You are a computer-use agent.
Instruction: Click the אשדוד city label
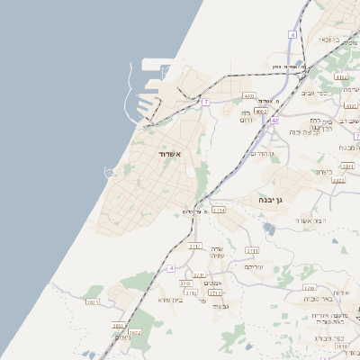[x=170, y=154]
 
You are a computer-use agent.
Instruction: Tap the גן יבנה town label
[x=270, y=199]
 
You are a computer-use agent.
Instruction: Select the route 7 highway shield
[x=205, y=102]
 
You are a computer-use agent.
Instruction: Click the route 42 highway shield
[x=274, y=119]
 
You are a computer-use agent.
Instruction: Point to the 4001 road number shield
[x=261, y=111]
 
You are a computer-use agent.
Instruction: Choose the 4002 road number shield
[x=249, y=94]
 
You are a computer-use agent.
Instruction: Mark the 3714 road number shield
[x=219, y=210]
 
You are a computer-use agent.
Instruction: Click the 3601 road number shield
[x=93, y=301]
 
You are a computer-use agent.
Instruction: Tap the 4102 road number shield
[x=341, y=77]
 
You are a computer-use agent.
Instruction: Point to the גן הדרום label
[x=260, y=153]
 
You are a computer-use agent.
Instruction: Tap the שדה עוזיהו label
[x=216, y=252]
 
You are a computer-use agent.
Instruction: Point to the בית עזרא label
[x=169, y=300]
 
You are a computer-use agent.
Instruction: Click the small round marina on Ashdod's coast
[x=110, y=171]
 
